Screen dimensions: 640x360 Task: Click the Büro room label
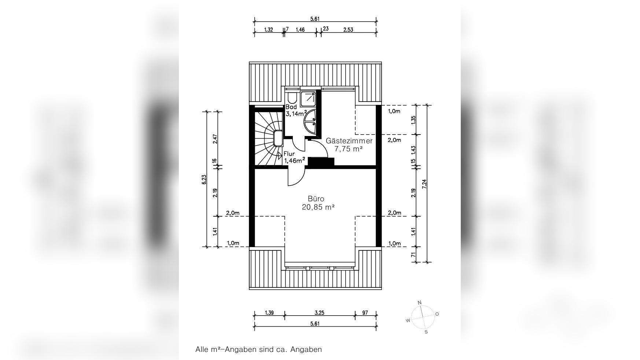point(316,199)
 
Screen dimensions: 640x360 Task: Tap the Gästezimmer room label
point(349,141)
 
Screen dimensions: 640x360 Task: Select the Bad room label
point(291,107)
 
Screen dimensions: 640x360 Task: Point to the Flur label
point(289,154)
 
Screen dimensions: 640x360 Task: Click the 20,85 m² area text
point(318,207)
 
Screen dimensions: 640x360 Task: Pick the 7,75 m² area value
point(349,149)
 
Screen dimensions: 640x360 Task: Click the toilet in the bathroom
point(292,97)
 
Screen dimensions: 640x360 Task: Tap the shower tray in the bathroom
point(308,99)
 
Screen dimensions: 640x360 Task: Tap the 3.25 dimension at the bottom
point(319,313)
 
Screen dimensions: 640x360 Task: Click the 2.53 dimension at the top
point(348,30)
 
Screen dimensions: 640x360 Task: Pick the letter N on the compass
point(420,302)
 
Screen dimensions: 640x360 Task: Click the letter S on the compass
point(426,332)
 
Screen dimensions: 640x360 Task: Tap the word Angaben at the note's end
point(306,349)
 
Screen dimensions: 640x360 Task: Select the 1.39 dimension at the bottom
point(269,313)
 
